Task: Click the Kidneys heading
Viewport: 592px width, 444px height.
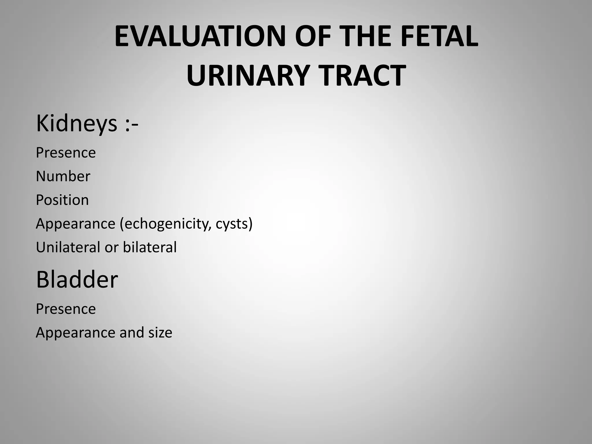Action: tap(77, 124)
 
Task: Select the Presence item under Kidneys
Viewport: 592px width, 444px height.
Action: tap(66, 153)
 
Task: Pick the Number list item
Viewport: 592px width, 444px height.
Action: tap(63, 176)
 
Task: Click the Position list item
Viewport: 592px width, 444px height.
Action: tap(62, 200)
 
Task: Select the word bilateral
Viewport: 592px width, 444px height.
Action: tap(149, 247)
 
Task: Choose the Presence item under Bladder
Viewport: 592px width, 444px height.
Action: tap(66, 309)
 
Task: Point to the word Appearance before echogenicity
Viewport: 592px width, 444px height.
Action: tap(76, 224)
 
